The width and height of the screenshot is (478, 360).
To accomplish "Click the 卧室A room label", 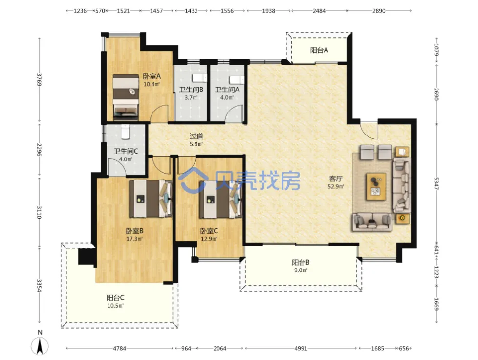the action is [152, 76].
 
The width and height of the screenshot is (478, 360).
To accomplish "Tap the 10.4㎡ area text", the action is [152, 84].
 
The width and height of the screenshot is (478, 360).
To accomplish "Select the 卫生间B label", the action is [191, 90].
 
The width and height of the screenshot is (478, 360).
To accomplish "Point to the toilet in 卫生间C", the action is [125, 131].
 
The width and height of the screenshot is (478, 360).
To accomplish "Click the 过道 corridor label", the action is [196, 136].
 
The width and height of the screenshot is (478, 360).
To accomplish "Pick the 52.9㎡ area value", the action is [336, 186].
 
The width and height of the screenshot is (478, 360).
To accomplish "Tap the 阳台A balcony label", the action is [319, 50].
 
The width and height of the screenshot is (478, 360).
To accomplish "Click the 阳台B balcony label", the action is [301, 262].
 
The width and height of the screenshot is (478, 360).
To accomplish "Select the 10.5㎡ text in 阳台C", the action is [115, 305].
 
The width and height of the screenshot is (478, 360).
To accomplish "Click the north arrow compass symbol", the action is [40, 346].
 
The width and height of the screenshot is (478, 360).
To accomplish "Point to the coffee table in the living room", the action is [376, 186].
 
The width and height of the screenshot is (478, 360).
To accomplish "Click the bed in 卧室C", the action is [220, 199].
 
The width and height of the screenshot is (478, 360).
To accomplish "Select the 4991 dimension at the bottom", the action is [301, 348].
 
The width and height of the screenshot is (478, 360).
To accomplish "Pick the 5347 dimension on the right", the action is [436, 183].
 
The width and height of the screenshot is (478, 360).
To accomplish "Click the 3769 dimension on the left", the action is [39, 80].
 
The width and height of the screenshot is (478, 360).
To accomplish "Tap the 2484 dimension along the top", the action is [319, 11].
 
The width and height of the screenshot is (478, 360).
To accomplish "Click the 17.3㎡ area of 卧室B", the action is [134, 239].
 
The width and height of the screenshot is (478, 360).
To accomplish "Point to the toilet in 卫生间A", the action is [237, 79].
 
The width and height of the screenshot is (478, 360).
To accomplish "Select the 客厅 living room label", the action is [336, 179].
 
